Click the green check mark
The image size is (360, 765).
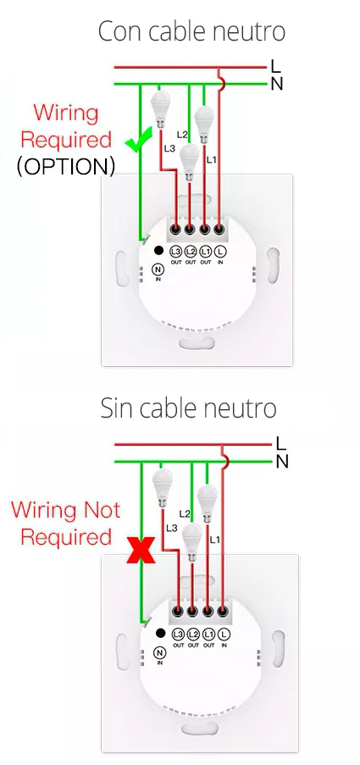[x=139, y=142]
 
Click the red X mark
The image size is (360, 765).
[x=141, y=551]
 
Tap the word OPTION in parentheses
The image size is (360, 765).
[x=66, y=167]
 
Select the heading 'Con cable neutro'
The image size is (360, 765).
[x=191, y=31]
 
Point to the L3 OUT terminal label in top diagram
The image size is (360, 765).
[x=175, y=255]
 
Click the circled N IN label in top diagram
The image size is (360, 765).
[x=158, y=272]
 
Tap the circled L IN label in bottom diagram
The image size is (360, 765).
[x=224, y=638]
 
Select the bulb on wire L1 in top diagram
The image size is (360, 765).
[x=203, y=125]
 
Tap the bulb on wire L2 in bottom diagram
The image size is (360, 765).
[x=191, y=541]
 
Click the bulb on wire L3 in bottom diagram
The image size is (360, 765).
[x=162, y=488]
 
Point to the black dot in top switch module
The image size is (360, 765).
[x=158, y=251]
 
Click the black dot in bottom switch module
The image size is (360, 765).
[x=160, y=634]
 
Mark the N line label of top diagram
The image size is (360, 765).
[x=277, y=85]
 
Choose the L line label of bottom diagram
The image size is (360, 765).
[x=281, y=443]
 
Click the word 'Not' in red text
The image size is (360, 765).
[x=102, y=510]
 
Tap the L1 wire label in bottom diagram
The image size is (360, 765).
[x=214, y=540]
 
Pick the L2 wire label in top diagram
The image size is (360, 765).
[x=182, y=134]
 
